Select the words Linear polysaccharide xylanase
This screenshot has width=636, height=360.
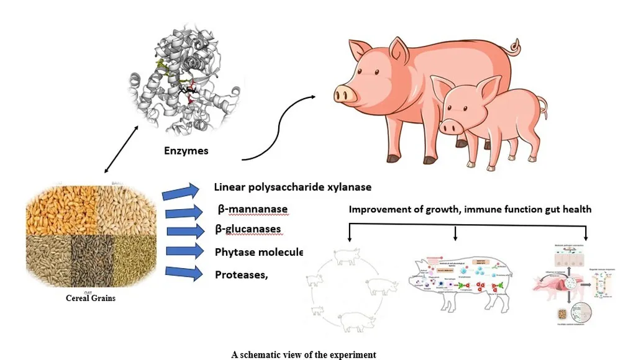coord(293,187)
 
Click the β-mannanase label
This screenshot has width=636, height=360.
coord(251,209)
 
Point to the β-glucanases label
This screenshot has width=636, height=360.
coord(247,230)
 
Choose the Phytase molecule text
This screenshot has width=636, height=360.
coord(258,252)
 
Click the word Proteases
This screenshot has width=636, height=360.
coord(241,274)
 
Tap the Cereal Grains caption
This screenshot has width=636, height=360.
coord(91,298)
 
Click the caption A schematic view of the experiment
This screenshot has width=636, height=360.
coord(303,354)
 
